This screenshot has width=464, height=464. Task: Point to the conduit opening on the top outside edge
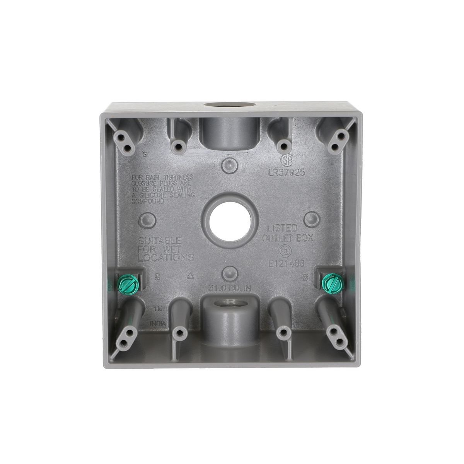click(220, 105)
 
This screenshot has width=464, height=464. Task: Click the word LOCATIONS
click(166, 257)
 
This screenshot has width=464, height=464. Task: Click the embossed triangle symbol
click(189, 275)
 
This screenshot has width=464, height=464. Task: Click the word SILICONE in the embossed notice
click(155, 196)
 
